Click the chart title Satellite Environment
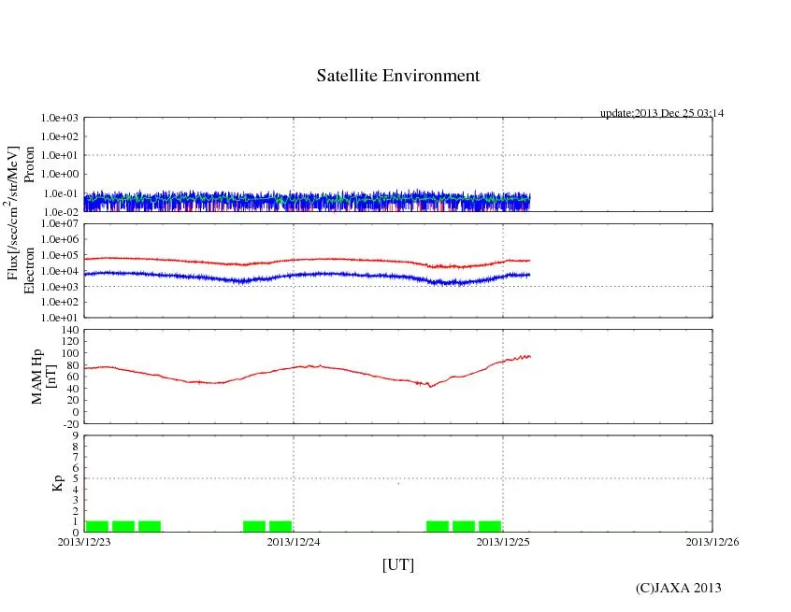pyautogui.click(x=398, y=76)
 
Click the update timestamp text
pyautogui.click(x=662, y=113)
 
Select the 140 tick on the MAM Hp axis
pyautogui.click(x=69, y=330)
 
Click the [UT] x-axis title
pyautogui.click(x=398, y=564)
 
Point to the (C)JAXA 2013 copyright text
pyautogui.click(x=679, y=588)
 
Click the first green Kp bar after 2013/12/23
pyautogui.click(x=97, y=526)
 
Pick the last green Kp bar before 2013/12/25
pyautogui.click(x=489, y=526)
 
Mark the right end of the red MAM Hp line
pyautogui.click(x=530, y=356)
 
